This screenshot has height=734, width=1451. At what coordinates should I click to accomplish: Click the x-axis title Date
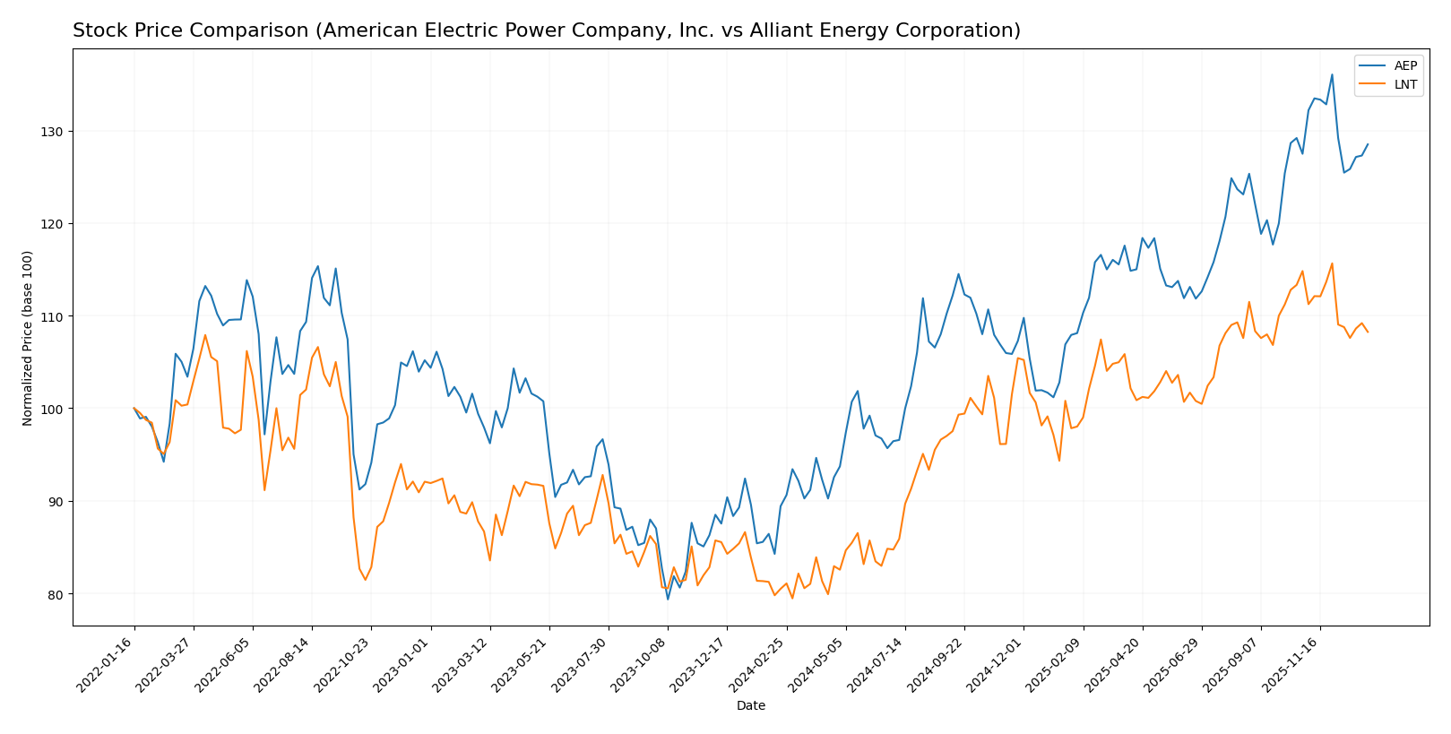pyautogui.click(x=750, y=706)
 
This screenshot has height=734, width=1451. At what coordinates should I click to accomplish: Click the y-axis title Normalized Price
pyautogui.click(x=28, y=338)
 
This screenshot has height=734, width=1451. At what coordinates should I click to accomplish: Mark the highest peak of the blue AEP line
pyautogui.click(x=1332, y=74)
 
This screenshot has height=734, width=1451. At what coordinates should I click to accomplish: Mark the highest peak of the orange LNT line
pyautogui.click(x=1332, y=263)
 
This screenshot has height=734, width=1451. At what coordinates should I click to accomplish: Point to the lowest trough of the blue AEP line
pyautogui.click(x=668, y=599)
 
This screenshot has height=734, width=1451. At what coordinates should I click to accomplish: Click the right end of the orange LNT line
pyautogui.click(x=1368, y=332)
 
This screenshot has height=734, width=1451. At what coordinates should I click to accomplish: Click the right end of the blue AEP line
pyautogui.click(x=1368, y=144)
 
